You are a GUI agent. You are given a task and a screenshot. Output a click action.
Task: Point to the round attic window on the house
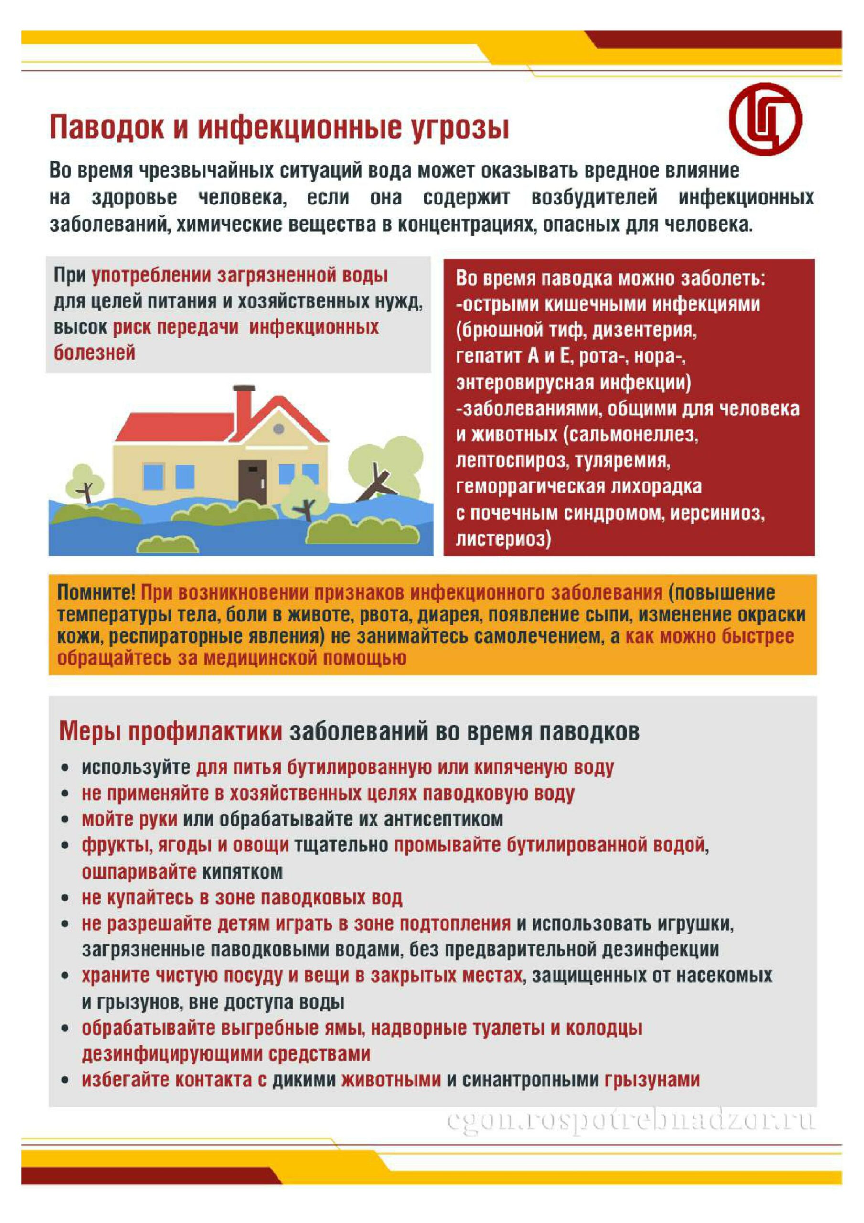tap(278, 429)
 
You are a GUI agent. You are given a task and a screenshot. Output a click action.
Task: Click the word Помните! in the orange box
tap(96, 592)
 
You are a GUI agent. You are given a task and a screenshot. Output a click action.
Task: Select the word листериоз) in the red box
tap(503, 539)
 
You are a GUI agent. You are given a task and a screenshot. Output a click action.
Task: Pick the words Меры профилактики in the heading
tap(171, 731)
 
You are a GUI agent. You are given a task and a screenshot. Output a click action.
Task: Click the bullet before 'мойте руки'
tap(65, 820)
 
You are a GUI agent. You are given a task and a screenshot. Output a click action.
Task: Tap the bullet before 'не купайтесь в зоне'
tap(65, 899)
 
